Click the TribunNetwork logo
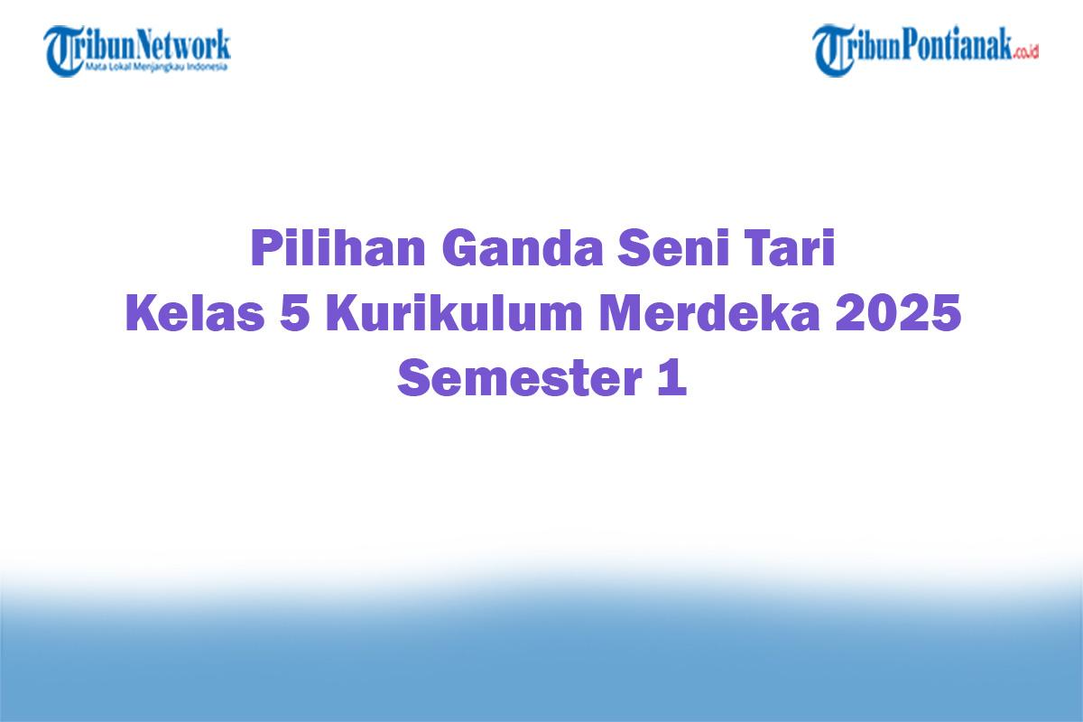coord(137,50)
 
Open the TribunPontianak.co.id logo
coord(926,50)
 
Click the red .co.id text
coord(1026,52)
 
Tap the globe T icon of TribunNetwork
coord(63,50)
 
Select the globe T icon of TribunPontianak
coord(832,50)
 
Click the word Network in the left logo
coord(184,44)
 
